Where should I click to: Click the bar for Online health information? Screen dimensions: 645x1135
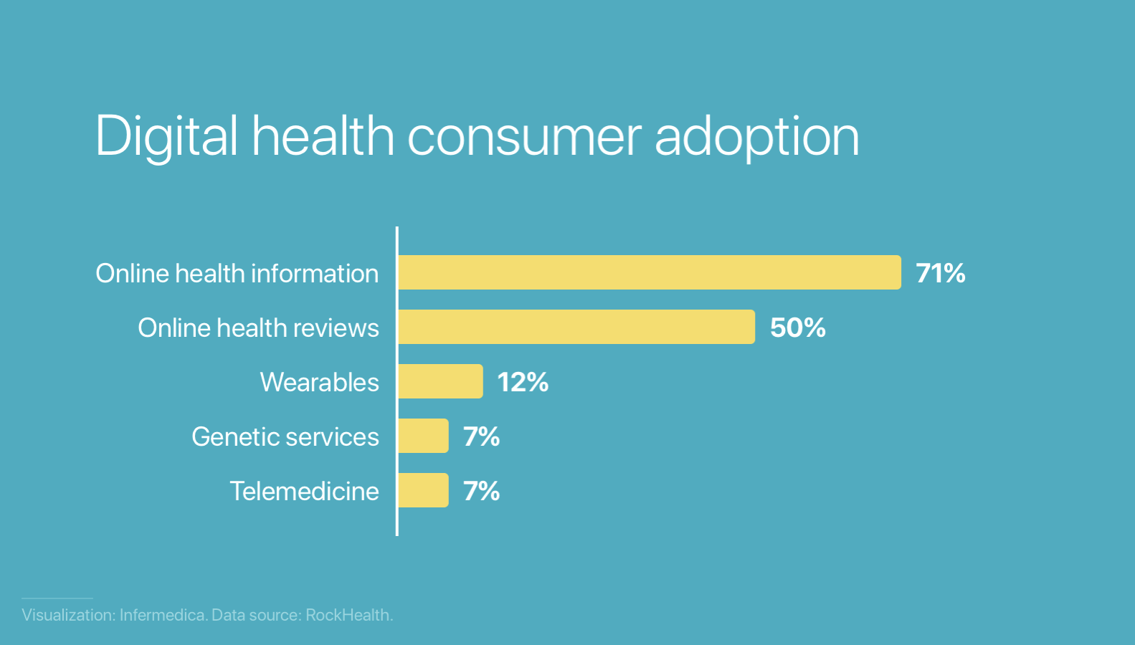pyautogui.click(x=649, y=272)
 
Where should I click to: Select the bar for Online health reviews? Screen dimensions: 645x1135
pyautogui.click(x=576, y=327)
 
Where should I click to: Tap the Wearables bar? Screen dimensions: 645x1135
pyautogui.click(x=440, y=381)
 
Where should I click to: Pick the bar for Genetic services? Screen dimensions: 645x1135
pyautogui.click(x=423, y=436)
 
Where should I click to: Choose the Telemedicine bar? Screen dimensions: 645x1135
pyautogui.click(x=423, y=490)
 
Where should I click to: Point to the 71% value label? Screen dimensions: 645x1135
pyautogui.click(x=940, y=273)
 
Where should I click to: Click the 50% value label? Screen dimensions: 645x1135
pyautogui.click(x=797, y=328)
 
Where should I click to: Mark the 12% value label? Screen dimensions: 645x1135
pyautogui.click(x=523, y=382)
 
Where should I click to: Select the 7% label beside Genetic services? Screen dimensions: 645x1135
pyautogui.click(x=481, y=436)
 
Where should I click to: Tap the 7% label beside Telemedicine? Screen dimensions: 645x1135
pyautogui.click(x=481, y=491)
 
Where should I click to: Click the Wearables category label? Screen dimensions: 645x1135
pyautogui.click(x=319, y=382)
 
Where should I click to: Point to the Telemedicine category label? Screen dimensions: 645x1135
pyautogui.click(x=304, y=491)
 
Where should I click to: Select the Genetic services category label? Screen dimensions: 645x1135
pyautogui.click(x=285, y=436)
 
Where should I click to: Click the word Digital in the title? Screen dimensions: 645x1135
pyautogui.click(x=166, y=136)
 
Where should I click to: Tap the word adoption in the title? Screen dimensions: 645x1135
pyautogui.click(x=756, y=136)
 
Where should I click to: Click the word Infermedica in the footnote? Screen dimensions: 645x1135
pyautogui.click(x=163, y=615)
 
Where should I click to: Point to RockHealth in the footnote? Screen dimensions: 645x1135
pyautogui.click(x=348, y=615)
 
